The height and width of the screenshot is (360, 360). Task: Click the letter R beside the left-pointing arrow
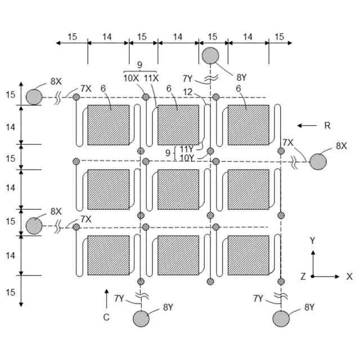coord(327,125)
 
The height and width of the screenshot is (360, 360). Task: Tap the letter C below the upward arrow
coord(106,317)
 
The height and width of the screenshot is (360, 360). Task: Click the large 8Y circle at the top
coord(211,56)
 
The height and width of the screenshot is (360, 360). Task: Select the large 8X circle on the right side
coord(318,161)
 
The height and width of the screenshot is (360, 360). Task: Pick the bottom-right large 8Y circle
coord(281,318)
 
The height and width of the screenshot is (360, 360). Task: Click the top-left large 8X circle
coord(34,97)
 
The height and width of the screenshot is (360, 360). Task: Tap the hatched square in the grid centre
coord(178,190)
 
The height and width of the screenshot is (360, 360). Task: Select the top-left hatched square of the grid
coord(108,125)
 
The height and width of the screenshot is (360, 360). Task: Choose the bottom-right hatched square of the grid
coord(248,255)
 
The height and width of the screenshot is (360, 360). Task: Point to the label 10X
coord(131,78)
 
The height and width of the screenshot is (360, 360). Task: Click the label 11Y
coord(187,148)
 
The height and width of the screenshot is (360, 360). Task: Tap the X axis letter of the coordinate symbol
coord(349,276)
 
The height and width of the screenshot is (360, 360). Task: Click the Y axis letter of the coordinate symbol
coord(313,240)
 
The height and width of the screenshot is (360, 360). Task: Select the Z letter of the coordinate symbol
coord(303,276)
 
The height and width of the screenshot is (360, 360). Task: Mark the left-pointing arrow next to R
coord(307,125)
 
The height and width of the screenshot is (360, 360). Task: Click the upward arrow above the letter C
coord(106,296)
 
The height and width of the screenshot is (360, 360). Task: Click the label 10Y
coord(187,158)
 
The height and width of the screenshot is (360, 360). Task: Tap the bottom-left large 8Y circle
coord(141,318)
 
